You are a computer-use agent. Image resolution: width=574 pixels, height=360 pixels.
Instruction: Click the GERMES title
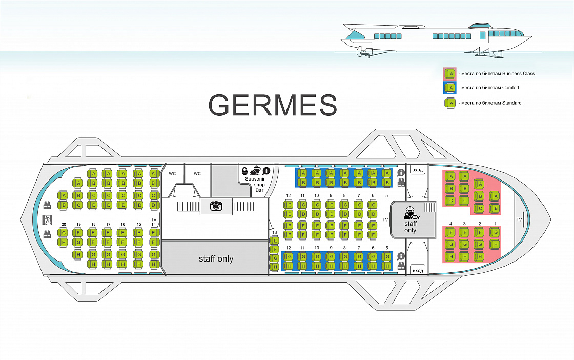(x=272, y=105)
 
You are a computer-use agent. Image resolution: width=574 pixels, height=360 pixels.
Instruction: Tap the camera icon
(x=216, y=206)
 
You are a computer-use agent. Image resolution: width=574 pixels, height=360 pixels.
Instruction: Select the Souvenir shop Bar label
(x=255, y=185)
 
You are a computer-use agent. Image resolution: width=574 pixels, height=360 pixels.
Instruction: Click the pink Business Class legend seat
(x=450, y=74)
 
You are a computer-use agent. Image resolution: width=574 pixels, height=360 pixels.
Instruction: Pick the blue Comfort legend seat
(x=450, y=88)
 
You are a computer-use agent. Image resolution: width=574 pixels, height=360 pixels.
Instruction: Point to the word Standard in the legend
(x=512, y=103)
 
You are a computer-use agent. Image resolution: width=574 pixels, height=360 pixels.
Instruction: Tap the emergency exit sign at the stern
(x=47, y=219)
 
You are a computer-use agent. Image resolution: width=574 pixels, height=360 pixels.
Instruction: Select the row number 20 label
(x=64, y=225)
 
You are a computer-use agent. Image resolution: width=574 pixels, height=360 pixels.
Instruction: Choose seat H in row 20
(x=64, y=242)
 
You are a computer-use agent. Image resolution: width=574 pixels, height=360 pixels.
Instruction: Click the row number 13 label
(x=275, y=232)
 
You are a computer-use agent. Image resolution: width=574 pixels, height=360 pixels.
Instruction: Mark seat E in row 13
(x=275, y=241)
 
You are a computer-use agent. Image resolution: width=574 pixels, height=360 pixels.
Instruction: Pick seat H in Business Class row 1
(x=495, y=244)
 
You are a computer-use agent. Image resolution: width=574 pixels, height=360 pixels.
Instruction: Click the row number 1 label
(x=495, y=224)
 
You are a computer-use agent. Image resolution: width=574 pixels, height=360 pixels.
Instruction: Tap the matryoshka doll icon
(x=245, y=171)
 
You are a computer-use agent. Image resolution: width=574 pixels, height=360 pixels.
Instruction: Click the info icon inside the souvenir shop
(x=266, y=171)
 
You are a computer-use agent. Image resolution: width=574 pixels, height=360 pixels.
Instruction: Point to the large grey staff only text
(x=216, y=259)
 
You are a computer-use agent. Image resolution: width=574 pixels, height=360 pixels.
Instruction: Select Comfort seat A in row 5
(x=386, y=173)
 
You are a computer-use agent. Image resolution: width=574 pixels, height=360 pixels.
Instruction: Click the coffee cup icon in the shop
(x=256, y=170)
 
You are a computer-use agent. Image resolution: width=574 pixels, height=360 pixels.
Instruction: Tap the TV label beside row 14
(x=154, y=219)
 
